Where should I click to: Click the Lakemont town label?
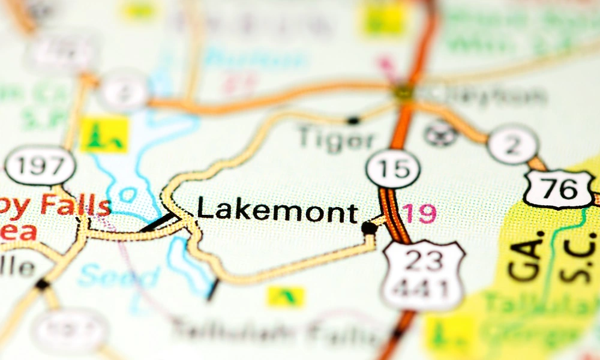(277, 211)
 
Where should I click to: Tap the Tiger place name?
(336, 139)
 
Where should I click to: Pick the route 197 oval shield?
(40, 165)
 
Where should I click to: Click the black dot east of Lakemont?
(369, 228)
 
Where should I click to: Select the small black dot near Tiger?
(353, 120)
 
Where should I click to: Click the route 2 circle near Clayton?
(512, 145)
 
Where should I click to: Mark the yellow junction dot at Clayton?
(403, 92)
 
